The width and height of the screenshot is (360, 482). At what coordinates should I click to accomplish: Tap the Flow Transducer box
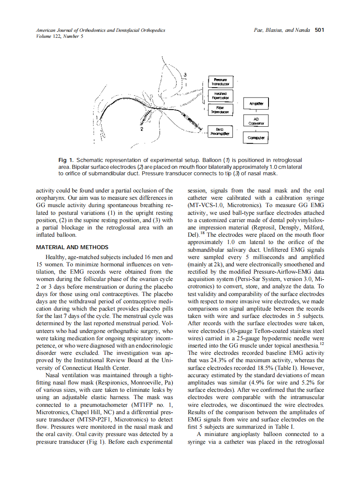(x=219, y=110)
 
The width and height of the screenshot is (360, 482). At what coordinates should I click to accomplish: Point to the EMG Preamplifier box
(x=219, y=131)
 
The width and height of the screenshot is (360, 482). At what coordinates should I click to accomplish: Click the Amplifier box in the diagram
(x=256, y=104)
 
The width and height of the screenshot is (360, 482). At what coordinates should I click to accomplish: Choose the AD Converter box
(x=256, y=121)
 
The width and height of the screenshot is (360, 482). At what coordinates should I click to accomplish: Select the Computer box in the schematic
(x=256, y=138)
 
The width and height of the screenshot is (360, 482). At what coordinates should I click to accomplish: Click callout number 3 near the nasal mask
(x=185, y=75)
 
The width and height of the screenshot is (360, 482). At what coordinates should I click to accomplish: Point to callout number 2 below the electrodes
(x=142, y=128)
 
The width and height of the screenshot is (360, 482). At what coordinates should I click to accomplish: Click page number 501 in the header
(x=319, y=30)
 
